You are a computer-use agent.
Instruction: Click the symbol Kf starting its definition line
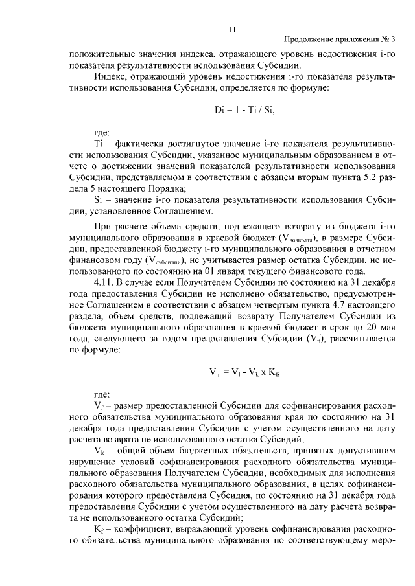pos(99,528)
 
